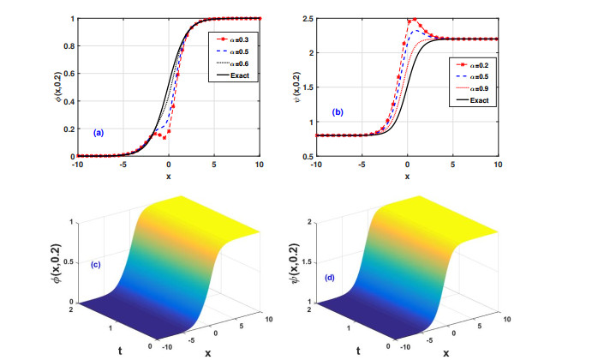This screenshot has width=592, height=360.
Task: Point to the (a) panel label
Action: coord(99,132)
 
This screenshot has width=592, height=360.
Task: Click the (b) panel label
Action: coord(338,112)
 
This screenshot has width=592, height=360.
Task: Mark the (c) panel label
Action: coord(95,263)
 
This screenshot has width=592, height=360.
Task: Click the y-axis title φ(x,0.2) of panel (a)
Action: coord(58,87)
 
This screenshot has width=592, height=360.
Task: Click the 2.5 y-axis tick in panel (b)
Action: coord(306,18)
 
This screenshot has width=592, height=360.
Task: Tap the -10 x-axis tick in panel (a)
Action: coord(77,164)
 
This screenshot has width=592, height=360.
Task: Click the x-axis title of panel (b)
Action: coord(407,176)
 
